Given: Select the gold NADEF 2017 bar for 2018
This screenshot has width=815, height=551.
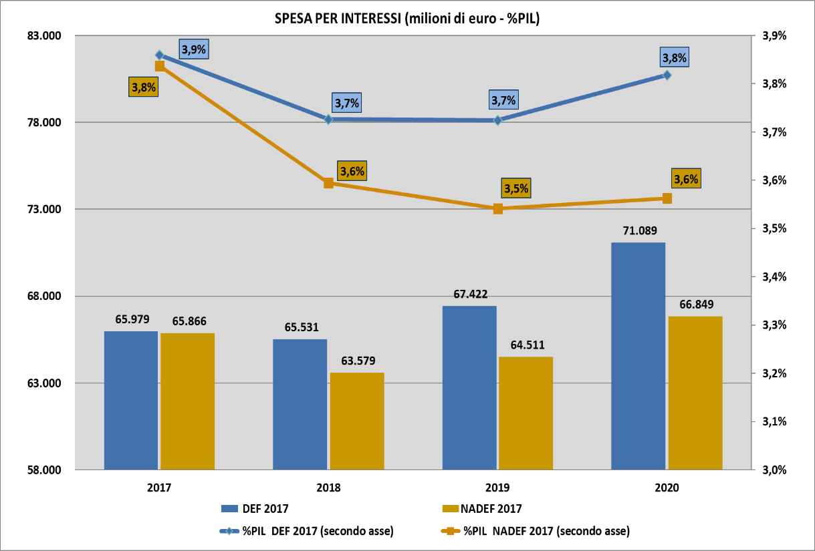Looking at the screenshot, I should click(x=357, y=421).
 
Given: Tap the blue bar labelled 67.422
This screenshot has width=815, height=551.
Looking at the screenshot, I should click(x=469, y=387).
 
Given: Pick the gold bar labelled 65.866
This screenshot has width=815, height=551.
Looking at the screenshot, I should click(x=188, y=401).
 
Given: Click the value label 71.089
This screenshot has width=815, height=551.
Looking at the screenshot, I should click(x=638, y=231).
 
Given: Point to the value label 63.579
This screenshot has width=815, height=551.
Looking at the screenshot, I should click(x=357, y=361).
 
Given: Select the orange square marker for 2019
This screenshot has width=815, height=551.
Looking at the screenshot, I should click(x=498, y=209).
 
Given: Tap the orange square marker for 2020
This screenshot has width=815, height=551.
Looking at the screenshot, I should click(x=667, y=198).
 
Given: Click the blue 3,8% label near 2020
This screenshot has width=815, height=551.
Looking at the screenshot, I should click(x=674, y=58).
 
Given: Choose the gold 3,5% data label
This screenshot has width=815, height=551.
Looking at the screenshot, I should click(x=516, y=188).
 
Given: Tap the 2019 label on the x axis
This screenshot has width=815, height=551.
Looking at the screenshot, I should click(x=497, y=488).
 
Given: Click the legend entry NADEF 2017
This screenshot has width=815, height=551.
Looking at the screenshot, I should click(x=491, y=509).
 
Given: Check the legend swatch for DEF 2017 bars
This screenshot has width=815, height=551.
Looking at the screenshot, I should click(x=238, y=509).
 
